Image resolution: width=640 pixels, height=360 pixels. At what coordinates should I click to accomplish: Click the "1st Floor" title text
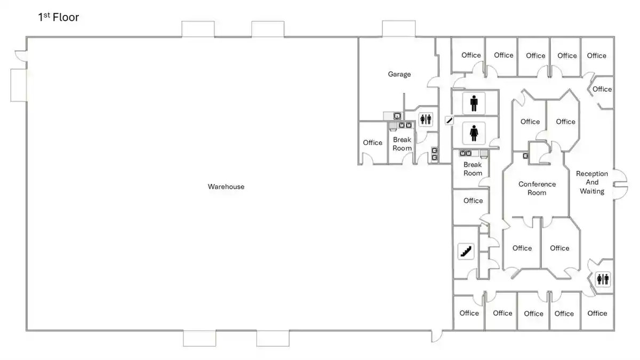pyautogui.click(x=58, y=18)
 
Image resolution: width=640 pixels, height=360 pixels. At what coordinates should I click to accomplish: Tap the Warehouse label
pyautogui.click(x=226, y=187)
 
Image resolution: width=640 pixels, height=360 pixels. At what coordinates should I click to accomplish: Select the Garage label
pyautogui.click(x=399, y=74)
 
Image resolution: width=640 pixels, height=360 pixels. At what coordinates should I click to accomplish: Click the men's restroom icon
pyautogui.click(x=474, y=102)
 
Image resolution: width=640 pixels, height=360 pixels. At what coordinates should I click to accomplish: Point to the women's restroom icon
pyautogui.click(x=474, y=133)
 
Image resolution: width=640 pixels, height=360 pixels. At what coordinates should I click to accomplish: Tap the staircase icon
pyautogui.click(x=466, y=251)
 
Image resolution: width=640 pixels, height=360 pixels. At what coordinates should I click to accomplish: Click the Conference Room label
pyautogui.click(x=537, y=188)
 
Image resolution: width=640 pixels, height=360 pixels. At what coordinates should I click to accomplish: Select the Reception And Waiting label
pyautogui.click(x=591, y=182)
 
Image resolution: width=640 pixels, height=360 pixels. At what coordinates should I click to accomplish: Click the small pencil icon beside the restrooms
pyautogui.click(x=449, y=120)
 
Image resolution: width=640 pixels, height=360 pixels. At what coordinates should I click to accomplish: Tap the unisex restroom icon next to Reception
pyautogui.click(x=603, y=279)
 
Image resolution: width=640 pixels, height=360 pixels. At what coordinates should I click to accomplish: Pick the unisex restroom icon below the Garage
pyautogui.click(x=425, y=119)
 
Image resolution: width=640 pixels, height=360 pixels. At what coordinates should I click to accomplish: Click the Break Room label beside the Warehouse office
pyautogui.click(x=402, y=144)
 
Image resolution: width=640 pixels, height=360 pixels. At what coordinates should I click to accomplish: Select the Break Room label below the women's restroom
pyautogui.click(x=473, y=169)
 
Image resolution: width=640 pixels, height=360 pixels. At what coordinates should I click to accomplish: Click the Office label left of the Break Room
pyautogui.click(x=372, y=142)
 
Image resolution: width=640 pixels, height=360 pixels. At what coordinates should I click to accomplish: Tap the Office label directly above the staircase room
pyautogui.click(x=473, y=201)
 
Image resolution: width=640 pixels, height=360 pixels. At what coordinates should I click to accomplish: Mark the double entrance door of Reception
pyautogui.click(x=620, y=185)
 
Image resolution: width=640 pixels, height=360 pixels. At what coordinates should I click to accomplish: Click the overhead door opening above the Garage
pyautogui.click(x=398, y=29)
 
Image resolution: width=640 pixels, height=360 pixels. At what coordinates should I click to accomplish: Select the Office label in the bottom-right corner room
pyautogui.click(x=597, y=313)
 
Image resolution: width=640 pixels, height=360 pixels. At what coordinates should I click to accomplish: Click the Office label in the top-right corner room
pyautogui.click(x=596, y=55)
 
